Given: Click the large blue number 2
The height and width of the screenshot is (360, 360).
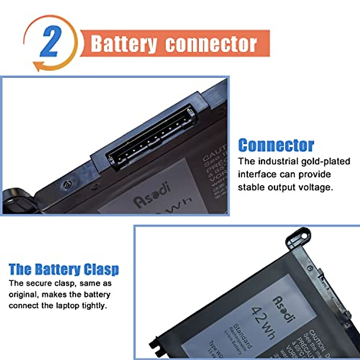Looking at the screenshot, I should (50, 41).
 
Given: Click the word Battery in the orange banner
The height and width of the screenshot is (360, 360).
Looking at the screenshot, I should (124, 44).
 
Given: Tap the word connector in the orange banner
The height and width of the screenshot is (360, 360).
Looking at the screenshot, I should (211, 44).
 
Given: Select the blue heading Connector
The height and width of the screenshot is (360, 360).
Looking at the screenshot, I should (276, 145).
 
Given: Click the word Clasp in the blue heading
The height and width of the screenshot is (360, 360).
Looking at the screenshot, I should (101, 269).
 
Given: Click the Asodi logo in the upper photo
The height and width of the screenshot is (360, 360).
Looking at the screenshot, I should (152, 193).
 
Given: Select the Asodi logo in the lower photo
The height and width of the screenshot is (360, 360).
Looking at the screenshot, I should (282, 309).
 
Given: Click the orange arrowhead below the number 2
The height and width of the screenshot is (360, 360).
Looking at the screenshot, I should (37, 66).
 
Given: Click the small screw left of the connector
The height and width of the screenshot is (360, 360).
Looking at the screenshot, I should (68, 184).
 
